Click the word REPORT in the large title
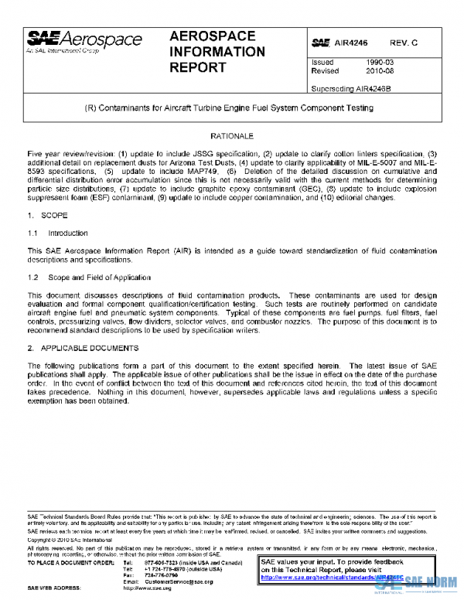click(x=198, y=67)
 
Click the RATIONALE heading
click(x=231, y=135)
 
